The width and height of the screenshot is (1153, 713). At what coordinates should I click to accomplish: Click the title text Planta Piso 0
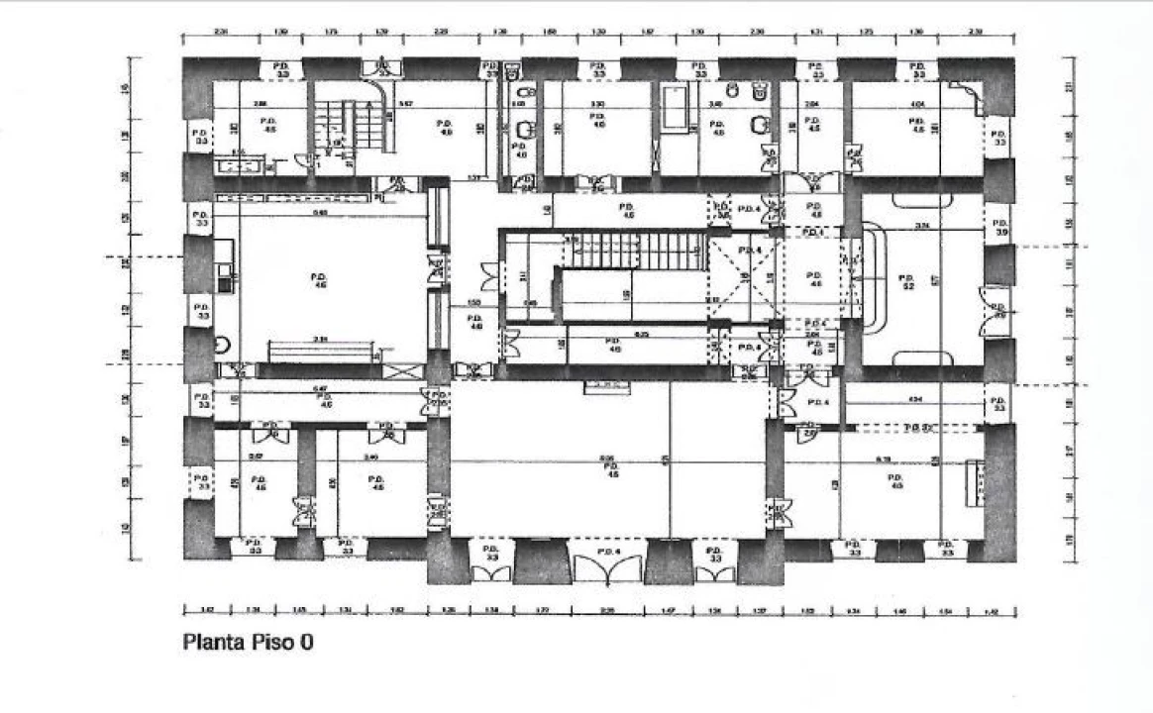click(x=249, y=642)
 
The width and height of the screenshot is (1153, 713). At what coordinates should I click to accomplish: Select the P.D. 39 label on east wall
click(x=999, y=226)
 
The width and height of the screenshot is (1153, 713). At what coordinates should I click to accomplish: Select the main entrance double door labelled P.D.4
click(x=608, y=564)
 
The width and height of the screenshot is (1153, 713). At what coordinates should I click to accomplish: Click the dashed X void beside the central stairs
click(x=744, y=280)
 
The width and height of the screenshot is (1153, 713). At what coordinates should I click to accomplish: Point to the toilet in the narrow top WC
click(x=513, y=72)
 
